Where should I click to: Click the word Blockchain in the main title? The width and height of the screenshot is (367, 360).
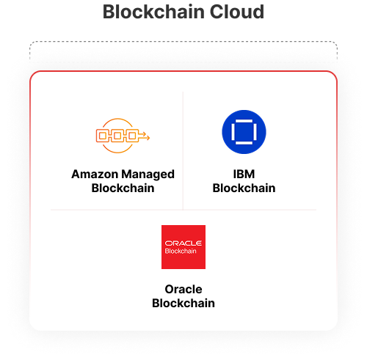(x=153, y=12)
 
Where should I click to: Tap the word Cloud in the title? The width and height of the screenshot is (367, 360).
(x=237, y=12)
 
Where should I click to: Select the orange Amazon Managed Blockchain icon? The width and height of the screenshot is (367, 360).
(x=123, y=136)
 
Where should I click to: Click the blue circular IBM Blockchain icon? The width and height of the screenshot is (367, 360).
(x=244, y=132)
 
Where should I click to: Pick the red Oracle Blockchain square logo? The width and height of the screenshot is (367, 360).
(x=183, y=247)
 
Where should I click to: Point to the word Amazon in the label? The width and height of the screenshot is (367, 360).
(x=95, y=175)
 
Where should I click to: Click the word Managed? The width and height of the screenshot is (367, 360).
(x=148, y=175)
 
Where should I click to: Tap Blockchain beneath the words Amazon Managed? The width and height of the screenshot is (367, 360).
(x=123, y=188)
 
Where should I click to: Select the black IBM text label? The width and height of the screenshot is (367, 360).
(x=244, y=175)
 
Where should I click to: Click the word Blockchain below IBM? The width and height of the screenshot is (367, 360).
(x=244, y=188)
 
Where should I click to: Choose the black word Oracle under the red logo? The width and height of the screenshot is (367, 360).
(x=183, y=290)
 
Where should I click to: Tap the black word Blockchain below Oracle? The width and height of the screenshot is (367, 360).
(x=183, y=304)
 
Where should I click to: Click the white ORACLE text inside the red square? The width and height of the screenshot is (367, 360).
(x=183, y=243)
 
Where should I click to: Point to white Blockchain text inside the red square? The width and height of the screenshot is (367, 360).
(x=181, y=251)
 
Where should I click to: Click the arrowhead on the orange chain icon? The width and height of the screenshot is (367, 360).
(x=147, y=138)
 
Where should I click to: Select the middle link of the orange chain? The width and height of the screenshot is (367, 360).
(x=117, y=136)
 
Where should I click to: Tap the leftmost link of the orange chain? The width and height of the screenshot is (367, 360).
(x=103, y=136)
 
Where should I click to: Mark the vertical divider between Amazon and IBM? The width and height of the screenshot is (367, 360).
(x=183, y=151)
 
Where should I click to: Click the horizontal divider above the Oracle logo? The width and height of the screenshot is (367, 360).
(x=183, y=210)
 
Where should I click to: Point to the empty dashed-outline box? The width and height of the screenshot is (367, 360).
(x=183, y=42)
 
